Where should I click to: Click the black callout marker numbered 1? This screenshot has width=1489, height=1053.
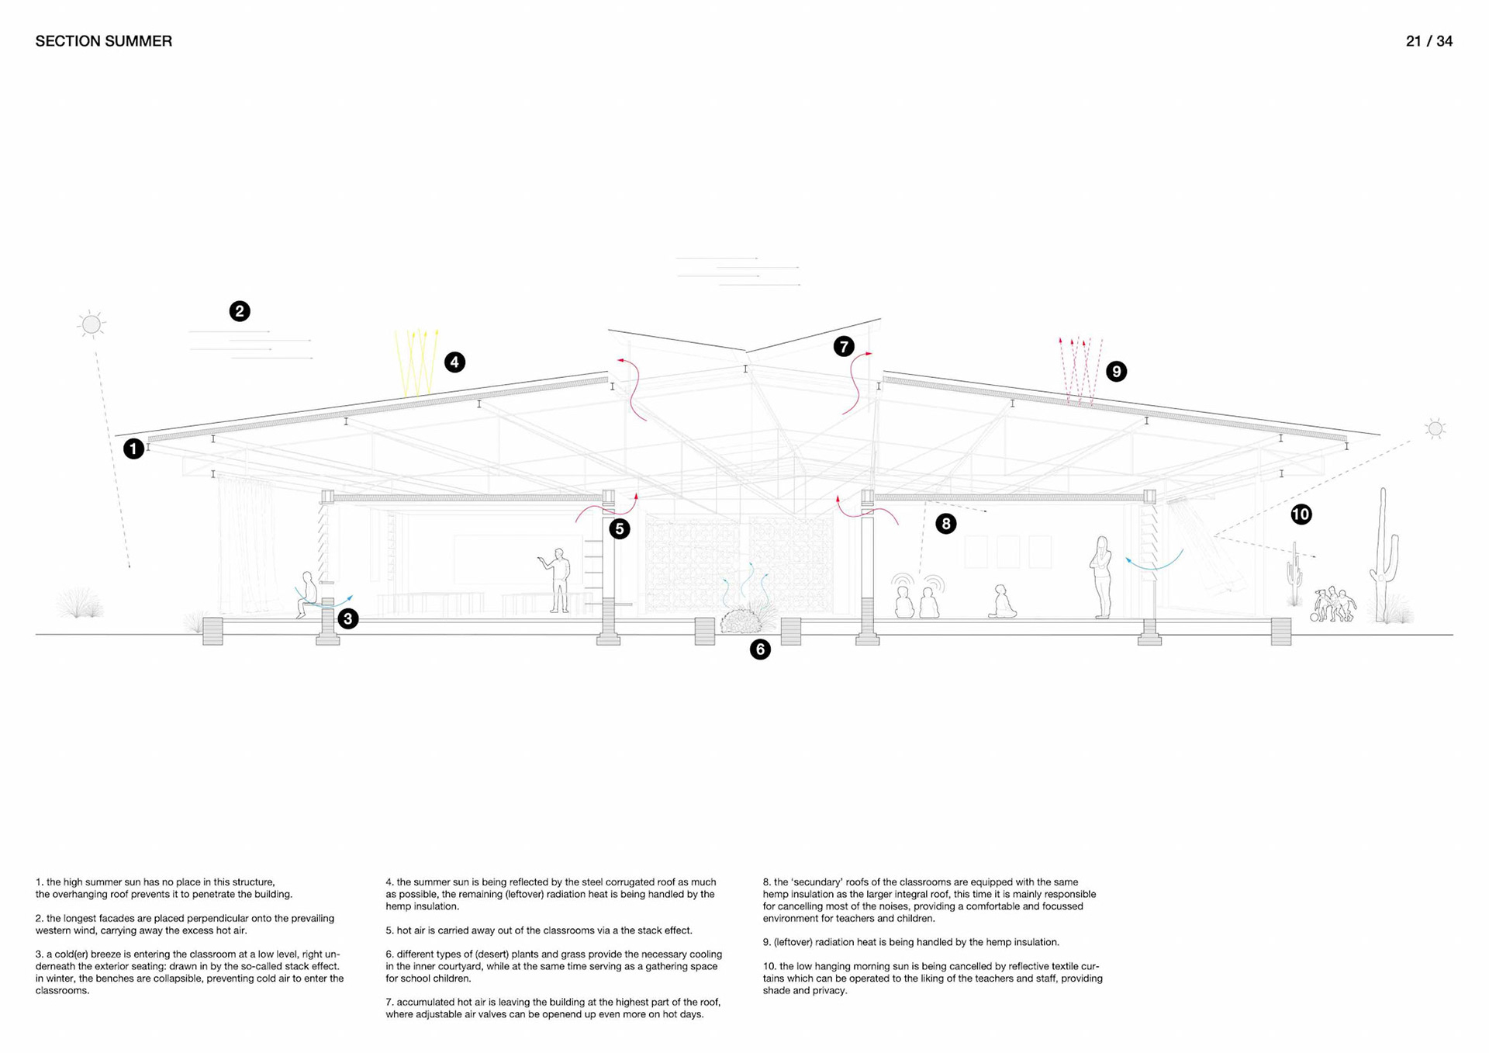click(x=133, y=449)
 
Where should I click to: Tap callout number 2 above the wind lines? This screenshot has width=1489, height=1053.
click(x=240, y=311)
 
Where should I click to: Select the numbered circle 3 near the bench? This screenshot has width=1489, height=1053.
click(x=348, y=618)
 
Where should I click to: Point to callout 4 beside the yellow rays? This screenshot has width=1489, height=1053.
click(x=454, y=362)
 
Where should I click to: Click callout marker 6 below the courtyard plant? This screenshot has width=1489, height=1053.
click(x=760, y=649)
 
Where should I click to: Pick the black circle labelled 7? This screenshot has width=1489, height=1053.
click(x=844, y=346)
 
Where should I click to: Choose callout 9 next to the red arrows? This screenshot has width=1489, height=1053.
click(x=1116, y=371)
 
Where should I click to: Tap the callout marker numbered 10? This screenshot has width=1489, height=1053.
click(x=1301, y=514)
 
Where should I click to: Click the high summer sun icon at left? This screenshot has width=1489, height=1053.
click(x=92, y=324)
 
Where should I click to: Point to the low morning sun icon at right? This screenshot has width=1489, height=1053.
click(x=1435, y=428)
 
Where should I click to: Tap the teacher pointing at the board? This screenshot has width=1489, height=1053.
click(x=557, y=580)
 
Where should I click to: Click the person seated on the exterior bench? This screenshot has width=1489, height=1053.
click(x=307, y=594)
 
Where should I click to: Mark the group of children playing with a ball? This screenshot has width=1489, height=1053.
click(x=1334, y=604)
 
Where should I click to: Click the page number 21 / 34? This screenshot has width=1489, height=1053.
click(x=1429, y=41)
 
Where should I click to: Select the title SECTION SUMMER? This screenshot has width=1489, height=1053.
click(x=104, y=41)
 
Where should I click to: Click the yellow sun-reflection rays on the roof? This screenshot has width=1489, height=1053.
click(x=417, y=362)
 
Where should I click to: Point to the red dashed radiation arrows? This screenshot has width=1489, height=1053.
click(x=1080, y=370)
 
